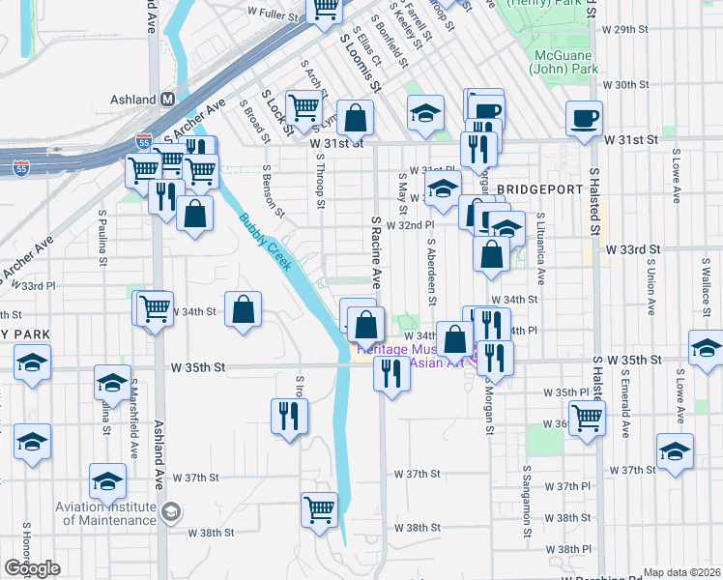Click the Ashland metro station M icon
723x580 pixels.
[x=167, y=100]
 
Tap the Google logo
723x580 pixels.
[x=32, y=568]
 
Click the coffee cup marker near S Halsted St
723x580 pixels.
[x=585, y=119]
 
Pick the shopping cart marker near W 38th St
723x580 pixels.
[x=320, y=508]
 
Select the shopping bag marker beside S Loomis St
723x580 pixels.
[x=356, y=118]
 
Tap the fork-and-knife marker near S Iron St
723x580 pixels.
[x=289, y=415]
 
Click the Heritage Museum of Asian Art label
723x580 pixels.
[x=416, y=355]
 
